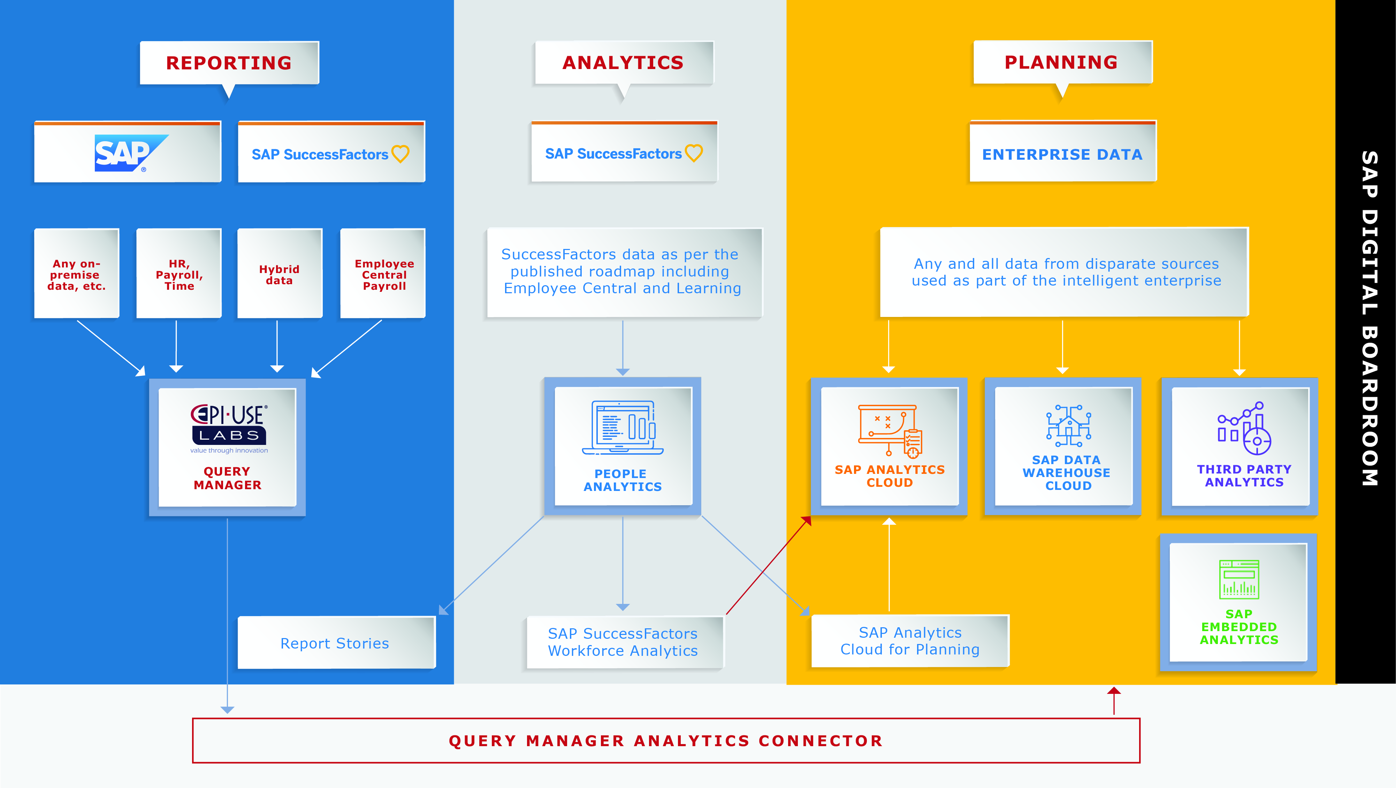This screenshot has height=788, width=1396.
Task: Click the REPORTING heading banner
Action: tap(229, 63)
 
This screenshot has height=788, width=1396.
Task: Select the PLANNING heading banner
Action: tap(1062, 62)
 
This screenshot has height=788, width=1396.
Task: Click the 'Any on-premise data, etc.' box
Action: tap(76, 274)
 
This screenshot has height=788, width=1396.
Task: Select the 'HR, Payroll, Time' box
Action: tap(179, 274)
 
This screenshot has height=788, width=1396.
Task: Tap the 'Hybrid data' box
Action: tap(280, 274)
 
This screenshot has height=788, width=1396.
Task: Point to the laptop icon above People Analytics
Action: tap(623, 427)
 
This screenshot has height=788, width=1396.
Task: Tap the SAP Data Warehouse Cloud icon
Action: tap(1068, 425)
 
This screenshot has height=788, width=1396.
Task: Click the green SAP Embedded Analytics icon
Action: tap(1239, 580)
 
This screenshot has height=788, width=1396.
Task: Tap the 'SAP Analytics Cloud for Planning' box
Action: tap(910, 641)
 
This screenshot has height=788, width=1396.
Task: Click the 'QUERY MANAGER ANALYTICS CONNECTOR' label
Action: tap(666, 741)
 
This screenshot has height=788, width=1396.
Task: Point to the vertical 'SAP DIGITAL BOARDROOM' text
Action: tap(1370, 318)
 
